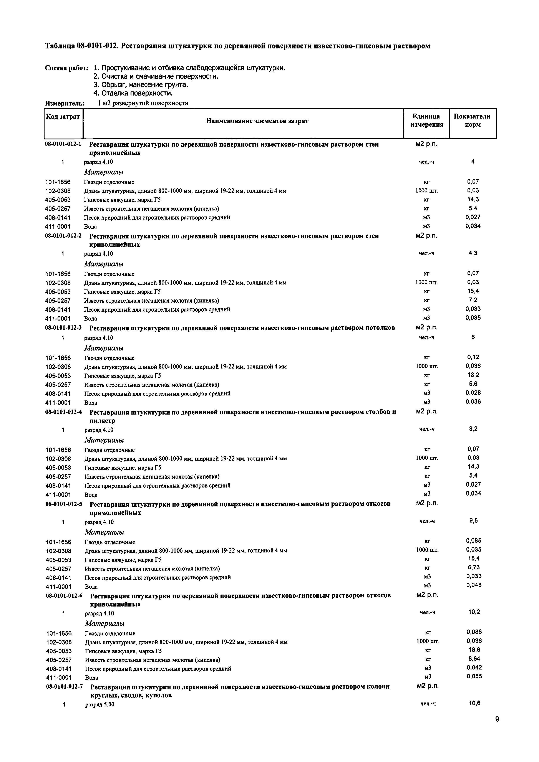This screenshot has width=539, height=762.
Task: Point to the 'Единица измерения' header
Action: pyautogui.click(x=426, y=121)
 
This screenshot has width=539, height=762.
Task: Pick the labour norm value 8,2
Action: pyautogui.click(x=473, y=429)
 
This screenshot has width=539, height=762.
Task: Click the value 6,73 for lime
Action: pyautogui.click(x=473, y=567)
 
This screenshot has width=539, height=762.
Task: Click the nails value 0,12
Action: pyautogui.click(x=473, y=357)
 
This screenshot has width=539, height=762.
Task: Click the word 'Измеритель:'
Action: pyautogui.click(x=65, y=103)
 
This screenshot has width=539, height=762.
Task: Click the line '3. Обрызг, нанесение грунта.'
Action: pyautogui.click(x=141, y=85)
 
